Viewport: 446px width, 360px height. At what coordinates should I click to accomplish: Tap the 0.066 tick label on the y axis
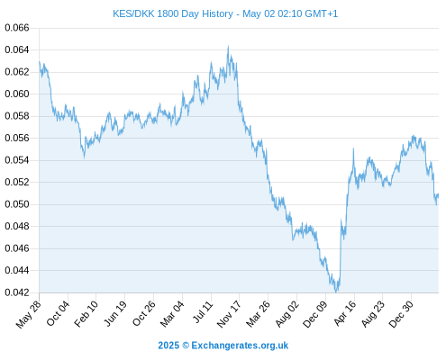tap(17, 28)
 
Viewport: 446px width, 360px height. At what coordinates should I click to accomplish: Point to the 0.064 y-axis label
tap(17, 49)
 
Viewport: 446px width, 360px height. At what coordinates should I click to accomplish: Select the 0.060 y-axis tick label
tap(17, 94)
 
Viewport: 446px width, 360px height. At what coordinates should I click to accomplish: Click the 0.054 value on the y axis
tap(17, 160)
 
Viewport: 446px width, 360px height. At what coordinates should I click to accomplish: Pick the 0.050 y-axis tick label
tap(17, 204)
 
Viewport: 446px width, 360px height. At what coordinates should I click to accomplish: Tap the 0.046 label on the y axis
tap(17, 248)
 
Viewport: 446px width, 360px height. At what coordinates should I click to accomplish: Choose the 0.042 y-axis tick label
tap(17, 292)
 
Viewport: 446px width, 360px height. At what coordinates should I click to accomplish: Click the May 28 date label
tap(29, 314)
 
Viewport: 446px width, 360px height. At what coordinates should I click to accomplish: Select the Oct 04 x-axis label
tap(58, 313)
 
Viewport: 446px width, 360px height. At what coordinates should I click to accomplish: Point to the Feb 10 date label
tap(86, 313)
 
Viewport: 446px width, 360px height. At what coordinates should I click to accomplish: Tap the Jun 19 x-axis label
tap(115, 313)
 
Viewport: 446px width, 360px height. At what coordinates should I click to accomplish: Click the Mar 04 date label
tap(172, 313)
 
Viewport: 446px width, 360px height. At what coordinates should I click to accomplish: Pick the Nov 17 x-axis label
tap(229, 314)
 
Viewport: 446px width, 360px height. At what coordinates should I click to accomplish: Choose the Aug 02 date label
tap(287, 313)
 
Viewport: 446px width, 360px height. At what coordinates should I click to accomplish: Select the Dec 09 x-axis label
tap(315, 314)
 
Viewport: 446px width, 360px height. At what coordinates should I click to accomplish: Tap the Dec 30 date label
tap(401, 314)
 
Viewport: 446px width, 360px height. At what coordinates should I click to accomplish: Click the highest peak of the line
tap(228, 46)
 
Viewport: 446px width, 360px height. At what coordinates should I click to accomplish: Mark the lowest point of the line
tap(336, 292)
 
